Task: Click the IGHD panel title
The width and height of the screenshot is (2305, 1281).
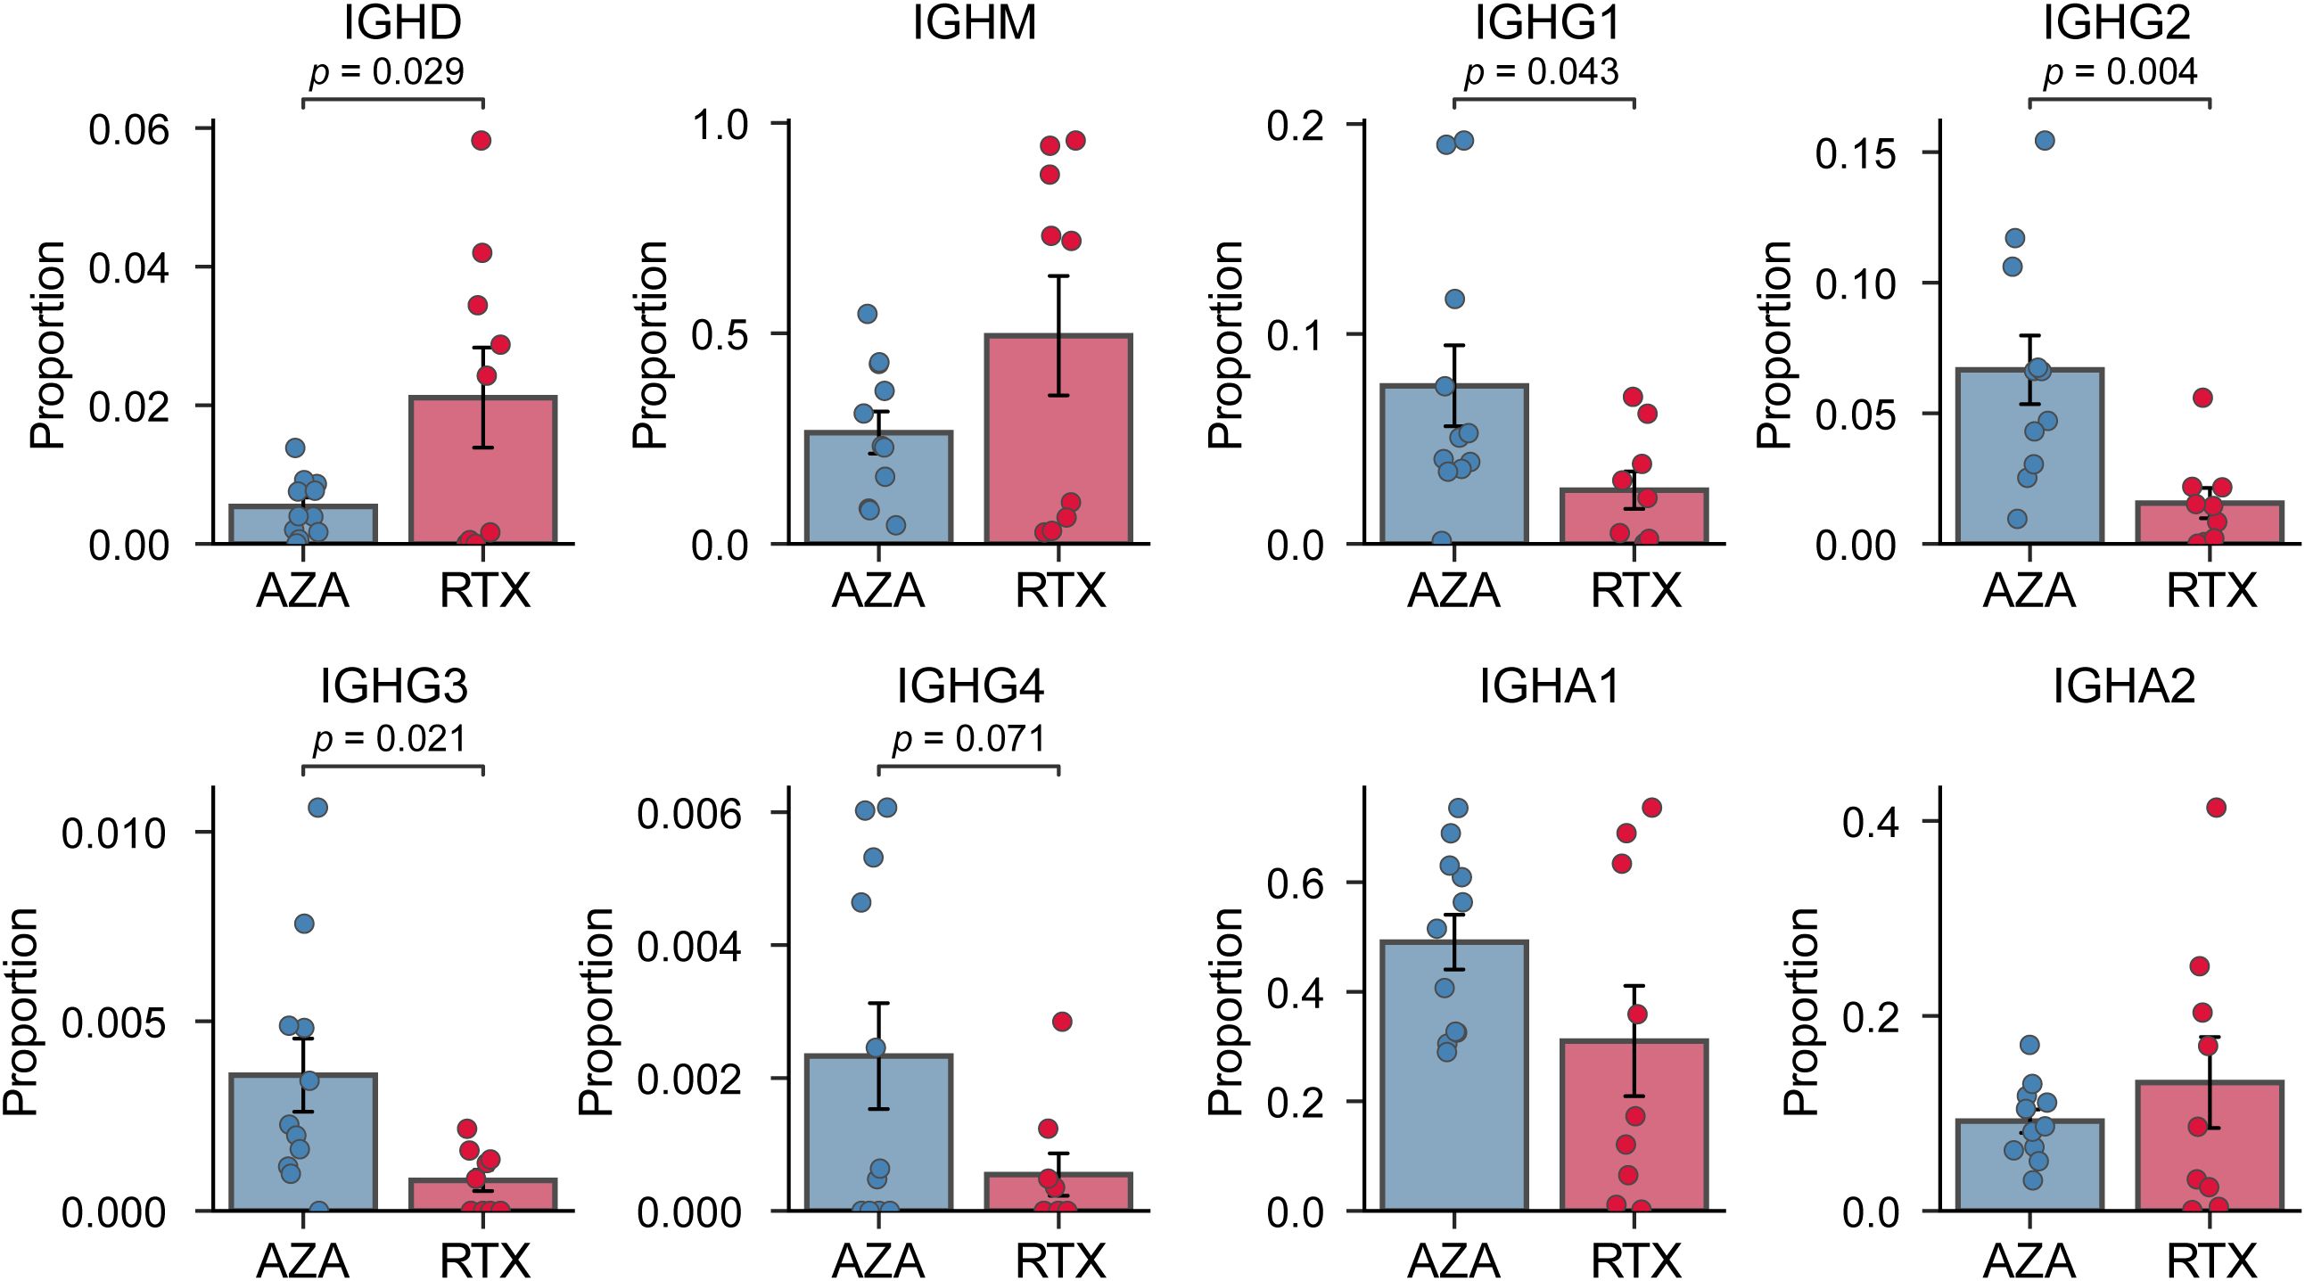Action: pyautogui.click(x=403, y=23)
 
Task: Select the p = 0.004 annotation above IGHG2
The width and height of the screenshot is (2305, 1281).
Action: pyautogui.click(x=2119, y=71)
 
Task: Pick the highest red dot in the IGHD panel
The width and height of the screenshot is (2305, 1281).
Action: pyautogui.click(x=482, y=141)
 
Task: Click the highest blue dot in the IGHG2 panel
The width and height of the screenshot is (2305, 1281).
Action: pyautogui.click(x=2045, y=141)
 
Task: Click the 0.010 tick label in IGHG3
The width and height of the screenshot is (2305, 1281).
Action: pyautogui.click(x=114, y=833)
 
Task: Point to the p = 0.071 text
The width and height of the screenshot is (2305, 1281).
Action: pyautogui.click(x=969, y=739)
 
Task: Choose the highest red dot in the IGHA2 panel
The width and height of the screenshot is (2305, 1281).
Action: pyautogui.click(x=2217, y=808)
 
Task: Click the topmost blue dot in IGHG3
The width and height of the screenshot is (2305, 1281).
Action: pyautogui.click(x=317, y=808)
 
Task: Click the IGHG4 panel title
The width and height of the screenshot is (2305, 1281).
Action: pyautogui.click(x=970, y=687)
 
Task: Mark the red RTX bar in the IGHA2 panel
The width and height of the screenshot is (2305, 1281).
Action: pyautogui.click(x=2210, y=1154)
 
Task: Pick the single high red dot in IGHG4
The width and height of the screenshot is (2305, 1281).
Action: pyautogui.click(x=1062, y=1022)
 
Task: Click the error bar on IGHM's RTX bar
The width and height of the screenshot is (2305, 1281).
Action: pyautogui.click(x=1059, y=335)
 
